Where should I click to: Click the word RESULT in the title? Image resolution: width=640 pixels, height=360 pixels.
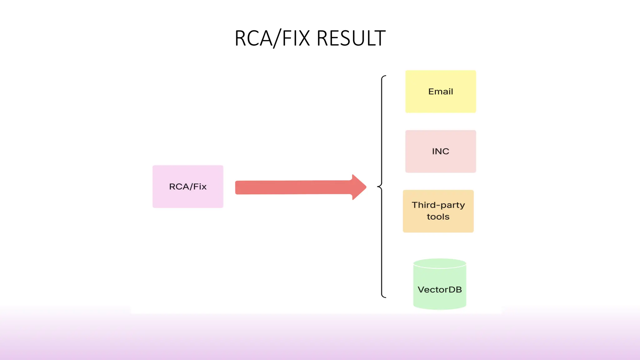pos(351,38)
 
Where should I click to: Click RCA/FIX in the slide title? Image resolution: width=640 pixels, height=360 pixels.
pos(272,38)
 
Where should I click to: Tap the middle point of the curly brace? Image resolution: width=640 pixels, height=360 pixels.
pos(379,187)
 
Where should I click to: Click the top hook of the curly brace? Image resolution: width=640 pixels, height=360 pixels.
pos(384,76)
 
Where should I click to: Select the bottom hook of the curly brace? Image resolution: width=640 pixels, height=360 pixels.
pos(384,297)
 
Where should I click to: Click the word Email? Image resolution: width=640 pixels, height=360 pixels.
pos(441,92)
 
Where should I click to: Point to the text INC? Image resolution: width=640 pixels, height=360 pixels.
pos(441,151)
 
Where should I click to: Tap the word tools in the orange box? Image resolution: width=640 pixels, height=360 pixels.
pos(438,217)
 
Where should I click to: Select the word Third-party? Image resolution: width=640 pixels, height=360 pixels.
pos(438,205)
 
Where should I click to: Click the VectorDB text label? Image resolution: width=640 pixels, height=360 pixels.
pos(440,290)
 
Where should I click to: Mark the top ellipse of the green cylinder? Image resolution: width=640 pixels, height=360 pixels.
pos(440,263)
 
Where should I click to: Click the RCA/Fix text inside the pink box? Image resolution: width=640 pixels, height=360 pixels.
pos(188,187)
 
